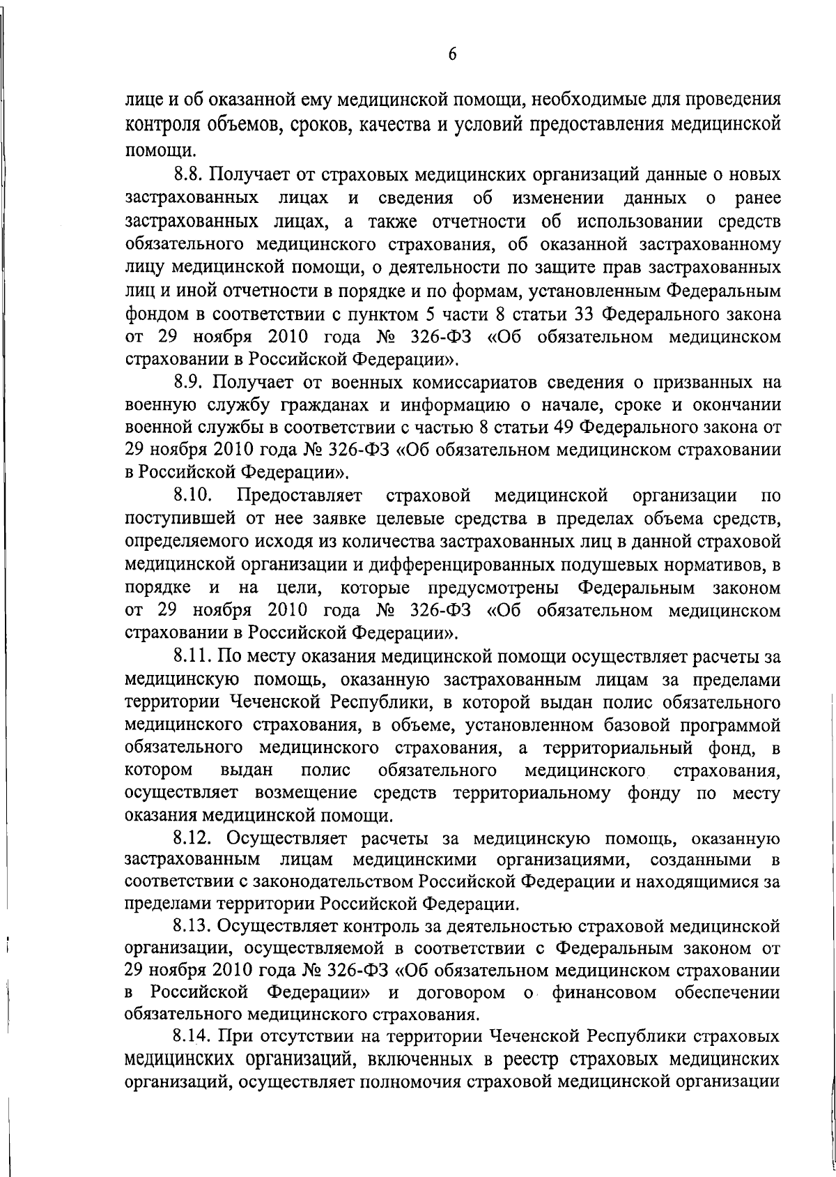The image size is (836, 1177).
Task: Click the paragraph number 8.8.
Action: [x=189, y=173]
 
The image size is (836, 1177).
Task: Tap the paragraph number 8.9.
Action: [x=189, y=382]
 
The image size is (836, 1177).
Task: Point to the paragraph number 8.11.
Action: [x=192, y=656]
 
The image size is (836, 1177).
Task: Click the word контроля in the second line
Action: [x=158, y=126]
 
